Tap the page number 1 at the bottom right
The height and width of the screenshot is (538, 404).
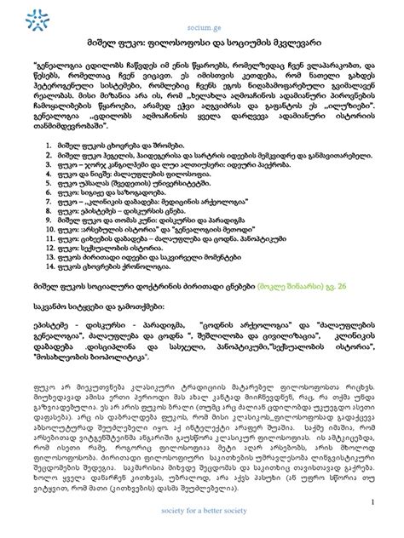tap(373, 501)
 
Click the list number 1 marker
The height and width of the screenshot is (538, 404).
tap(48, 147)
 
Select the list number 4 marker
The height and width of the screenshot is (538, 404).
tap(48, 174)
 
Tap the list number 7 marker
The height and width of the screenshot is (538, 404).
tap(48, 201)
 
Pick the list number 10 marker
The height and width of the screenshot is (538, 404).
tap(48, 228)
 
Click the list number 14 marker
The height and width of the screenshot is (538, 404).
tap(48, 264)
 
